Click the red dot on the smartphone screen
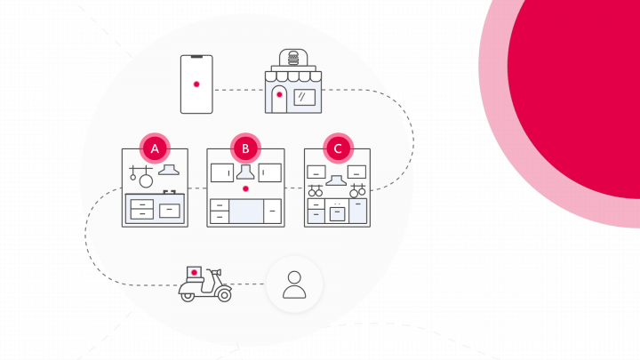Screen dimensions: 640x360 click(196, 84)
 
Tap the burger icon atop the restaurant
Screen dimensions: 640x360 click(293, 58)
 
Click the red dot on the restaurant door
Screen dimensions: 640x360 click(279, 95)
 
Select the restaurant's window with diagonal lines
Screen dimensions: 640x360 click(305, 97)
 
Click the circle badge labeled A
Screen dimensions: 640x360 click(155, 148)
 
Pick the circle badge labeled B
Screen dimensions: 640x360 click(245, 148)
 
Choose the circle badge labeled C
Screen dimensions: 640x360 click(338, 148)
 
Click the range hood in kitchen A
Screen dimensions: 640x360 click(169, 170)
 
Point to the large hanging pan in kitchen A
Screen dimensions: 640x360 click(146, 180)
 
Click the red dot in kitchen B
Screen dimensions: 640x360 click(245, 188)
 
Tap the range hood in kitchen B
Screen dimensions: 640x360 click(245, 172)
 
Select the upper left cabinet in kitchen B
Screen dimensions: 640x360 click(222, 172)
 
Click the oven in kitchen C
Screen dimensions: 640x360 click(337, 214)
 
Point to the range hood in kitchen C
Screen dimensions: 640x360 click(336, 180)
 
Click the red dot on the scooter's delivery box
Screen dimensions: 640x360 click(195, 272)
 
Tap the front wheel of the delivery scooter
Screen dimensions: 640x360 click(224, 295)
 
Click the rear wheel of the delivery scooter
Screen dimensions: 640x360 click(188, 296)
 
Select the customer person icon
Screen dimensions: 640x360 click(294, 284)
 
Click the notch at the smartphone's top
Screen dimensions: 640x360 click(196, 57)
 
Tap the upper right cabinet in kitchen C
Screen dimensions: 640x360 click(356, 172)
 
